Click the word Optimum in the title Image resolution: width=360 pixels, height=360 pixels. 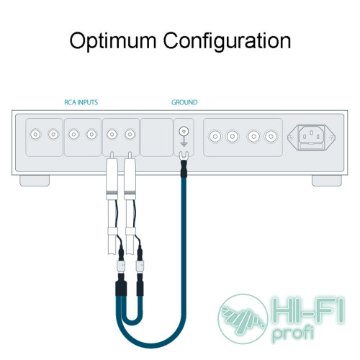coord(113,41)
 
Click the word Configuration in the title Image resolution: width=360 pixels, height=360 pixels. coord(227,41)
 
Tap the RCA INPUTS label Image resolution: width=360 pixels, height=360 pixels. coord(81,102)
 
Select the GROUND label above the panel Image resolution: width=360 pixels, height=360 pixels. coord(184,102)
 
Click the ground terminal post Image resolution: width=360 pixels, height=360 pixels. coord(184,131)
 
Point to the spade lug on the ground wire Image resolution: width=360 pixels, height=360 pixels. coord(184,156)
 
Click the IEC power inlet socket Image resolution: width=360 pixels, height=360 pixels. coord(311,138)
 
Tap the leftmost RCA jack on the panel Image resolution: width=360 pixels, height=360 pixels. coord(35,134)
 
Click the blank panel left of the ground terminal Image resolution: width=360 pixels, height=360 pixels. coord(156,138)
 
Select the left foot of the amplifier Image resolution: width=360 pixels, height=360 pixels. coord(35,181)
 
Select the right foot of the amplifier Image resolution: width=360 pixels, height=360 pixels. coord(327,181)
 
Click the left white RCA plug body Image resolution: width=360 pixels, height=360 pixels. coord(112,175)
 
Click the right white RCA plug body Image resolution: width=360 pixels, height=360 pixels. coord(130,175)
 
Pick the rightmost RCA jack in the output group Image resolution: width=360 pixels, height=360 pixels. coord(271,137)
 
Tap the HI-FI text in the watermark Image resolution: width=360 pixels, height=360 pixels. coord(309,310)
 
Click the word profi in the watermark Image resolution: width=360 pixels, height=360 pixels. coord(293,333)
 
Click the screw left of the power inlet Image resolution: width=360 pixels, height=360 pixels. coord(291,138)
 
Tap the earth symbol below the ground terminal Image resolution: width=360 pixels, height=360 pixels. coord(184,144)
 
